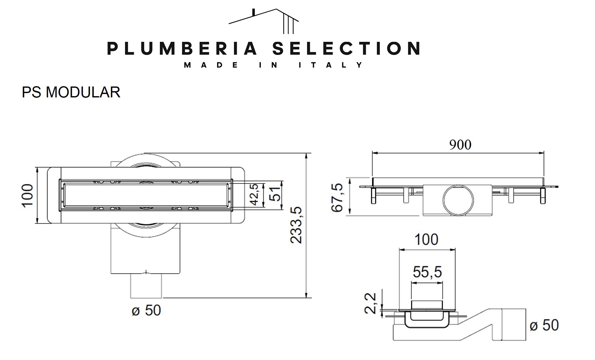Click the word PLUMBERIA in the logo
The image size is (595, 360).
pos(182,48)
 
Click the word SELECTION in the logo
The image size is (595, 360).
pos(346,48)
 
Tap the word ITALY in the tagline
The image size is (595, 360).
pos(331,65)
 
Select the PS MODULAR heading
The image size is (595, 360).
pos(71,92)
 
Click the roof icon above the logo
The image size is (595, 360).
pos(264,21)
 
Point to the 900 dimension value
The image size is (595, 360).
pos(460,145)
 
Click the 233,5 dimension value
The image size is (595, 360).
pos(296,225)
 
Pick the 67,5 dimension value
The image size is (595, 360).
pos(337,198)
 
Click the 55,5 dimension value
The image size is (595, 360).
pos(427,272)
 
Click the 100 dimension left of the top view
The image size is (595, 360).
pos(27,195)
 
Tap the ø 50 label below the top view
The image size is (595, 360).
pos(146,310)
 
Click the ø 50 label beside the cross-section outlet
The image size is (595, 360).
pos(544,325)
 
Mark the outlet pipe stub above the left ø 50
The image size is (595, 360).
pos(146,286)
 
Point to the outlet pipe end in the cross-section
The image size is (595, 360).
pos(513,324)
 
